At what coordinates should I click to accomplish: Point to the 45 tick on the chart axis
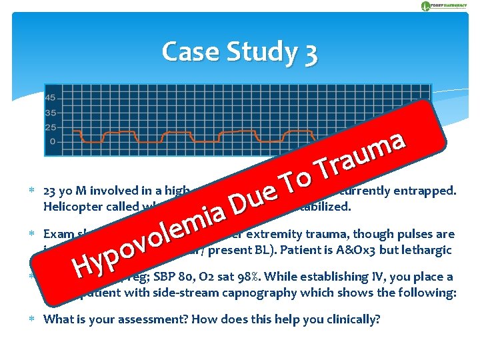pos(51,99)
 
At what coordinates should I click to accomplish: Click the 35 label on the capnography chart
pos(51,113)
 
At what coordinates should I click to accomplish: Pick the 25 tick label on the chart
pos(51,127)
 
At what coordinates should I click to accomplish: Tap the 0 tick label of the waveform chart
pos(53,141)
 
